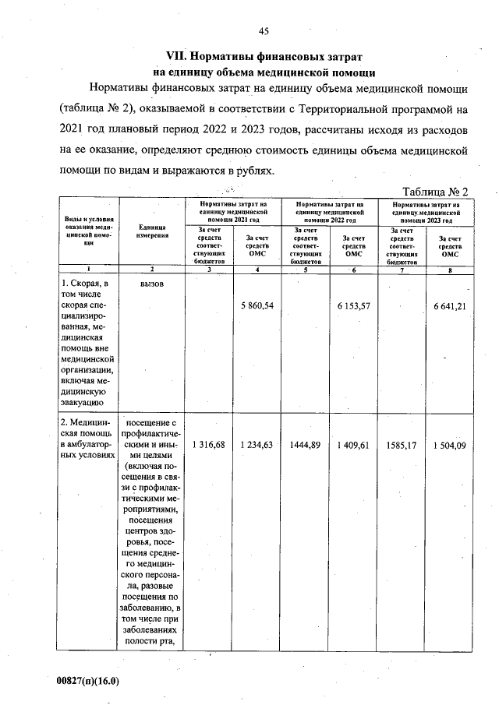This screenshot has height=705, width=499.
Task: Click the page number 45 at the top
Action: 264,31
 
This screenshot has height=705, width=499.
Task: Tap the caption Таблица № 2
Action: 434,192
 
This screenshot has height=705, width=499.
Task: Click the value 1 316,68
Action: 208,445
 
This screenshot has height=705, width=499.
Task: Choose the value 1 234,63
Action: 257,445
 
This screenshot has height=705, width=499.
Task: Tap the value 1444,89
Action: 305,445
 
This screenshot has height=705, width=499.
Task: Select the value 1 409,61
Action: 353,445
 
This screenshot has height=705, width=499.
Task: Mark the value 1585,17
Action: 402,445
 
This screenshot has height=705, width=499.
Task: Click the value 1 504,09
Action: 451,445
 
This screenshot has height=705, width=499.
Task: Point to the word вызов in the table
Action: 152,284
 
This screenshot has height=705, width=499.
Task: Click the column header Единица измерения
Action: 152,231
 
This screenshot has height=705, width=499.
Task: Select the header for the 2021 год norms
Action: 232,210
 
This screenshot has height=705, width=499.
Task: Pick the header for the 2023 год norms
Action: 426,210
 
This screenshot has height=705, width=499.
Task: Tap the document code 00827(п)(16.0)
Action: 88,680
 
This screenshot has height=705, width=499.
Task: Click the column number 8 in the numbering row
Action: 451,270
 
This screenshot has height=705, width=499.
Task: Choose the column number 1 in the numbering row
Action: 88,270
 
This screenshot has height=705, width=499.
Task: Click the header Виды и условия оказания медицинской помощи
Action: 88,231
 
